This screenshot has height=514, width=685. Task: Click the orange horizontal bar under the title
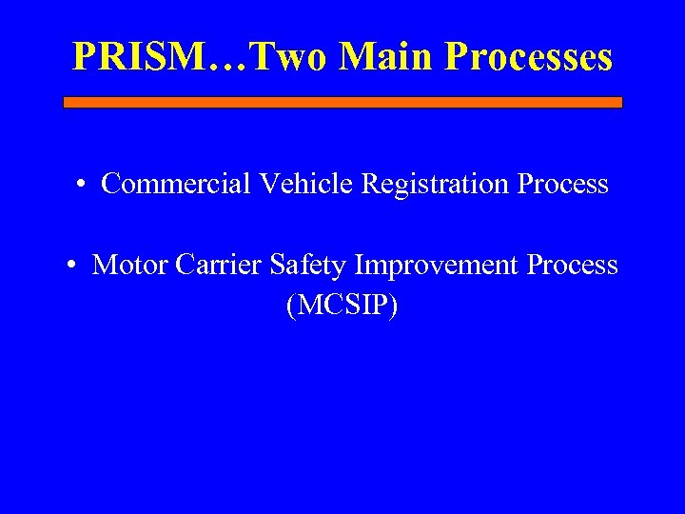[x=342, y=102]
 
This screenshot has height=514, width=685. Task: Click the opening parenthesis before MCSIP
[x=290, y=306]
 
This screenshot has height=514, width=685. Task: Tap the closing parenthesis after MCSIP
[x=393, y=306]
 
